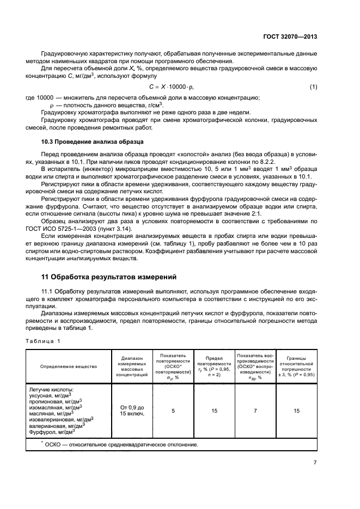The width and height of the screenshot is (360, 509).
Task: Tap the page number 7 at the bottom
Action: (x=315, y=462)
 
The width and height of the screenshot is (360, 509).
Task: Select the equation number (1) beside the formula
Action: (x=313, y=87)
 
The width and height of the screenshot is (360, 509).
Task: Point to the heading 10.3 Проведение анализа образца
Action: (x=89, y=142)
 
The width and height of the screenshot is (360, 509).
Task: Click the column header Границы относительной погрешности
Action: (x=296, y=366)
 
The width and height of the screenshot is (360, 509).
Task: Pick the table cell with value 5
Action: (x=173, y=410)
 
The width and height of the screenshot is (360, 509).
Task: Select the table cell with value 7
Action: (x=255, y=410)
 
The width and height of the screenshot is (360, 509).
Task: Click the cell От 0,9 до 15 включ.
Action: (x=131, y=410)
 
